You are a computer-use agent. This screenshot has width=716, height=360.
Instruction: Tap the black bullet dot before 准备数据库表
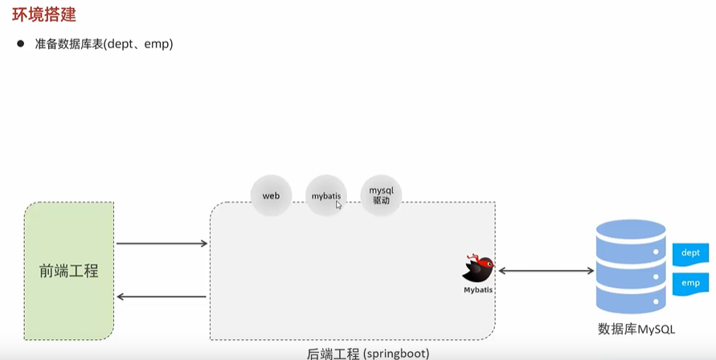[x=22, y=43]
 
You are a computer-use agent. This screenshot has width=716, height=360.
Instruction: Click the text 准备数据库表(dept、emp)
[x=104, y=44]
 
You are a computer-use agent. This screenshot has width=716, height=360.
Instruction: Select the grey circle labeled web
[x=271, y=195]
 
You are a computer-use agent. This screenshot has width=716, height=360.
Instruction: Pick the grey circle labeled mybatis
[x=325, y=195]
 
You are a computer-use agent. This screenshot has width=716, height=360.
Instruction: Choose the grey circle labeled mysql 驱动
[x=380, y=195]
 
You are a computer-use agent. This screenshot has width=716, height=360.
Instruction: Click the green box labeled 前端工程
[x=69, y=271]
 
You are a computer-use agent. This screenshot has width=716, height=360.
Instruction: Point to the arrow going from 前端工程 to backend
[x=162, y=243]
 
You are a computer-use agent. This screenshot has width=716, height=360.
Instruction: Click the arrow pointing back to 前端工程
[x=162, y=297]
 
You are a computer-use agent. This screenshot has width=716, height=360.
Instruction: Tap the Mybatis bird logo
[x=477, y=268]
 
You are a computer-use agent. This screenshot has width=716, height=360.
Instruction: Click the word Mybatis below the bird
[x=478, y=289]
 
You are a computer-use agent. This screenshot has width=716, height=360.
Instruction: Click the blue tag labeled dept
[x=690, y=253]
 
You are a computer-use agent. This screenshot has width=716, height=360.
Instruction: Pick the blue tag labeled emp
[x=690, y=283]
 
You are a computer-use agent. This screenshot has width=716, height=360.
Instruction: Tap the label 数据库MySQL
[x=636, y=329]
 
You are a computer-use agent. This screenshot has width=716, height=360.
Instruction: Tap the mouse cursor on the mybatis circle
[x=339, y=206]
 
